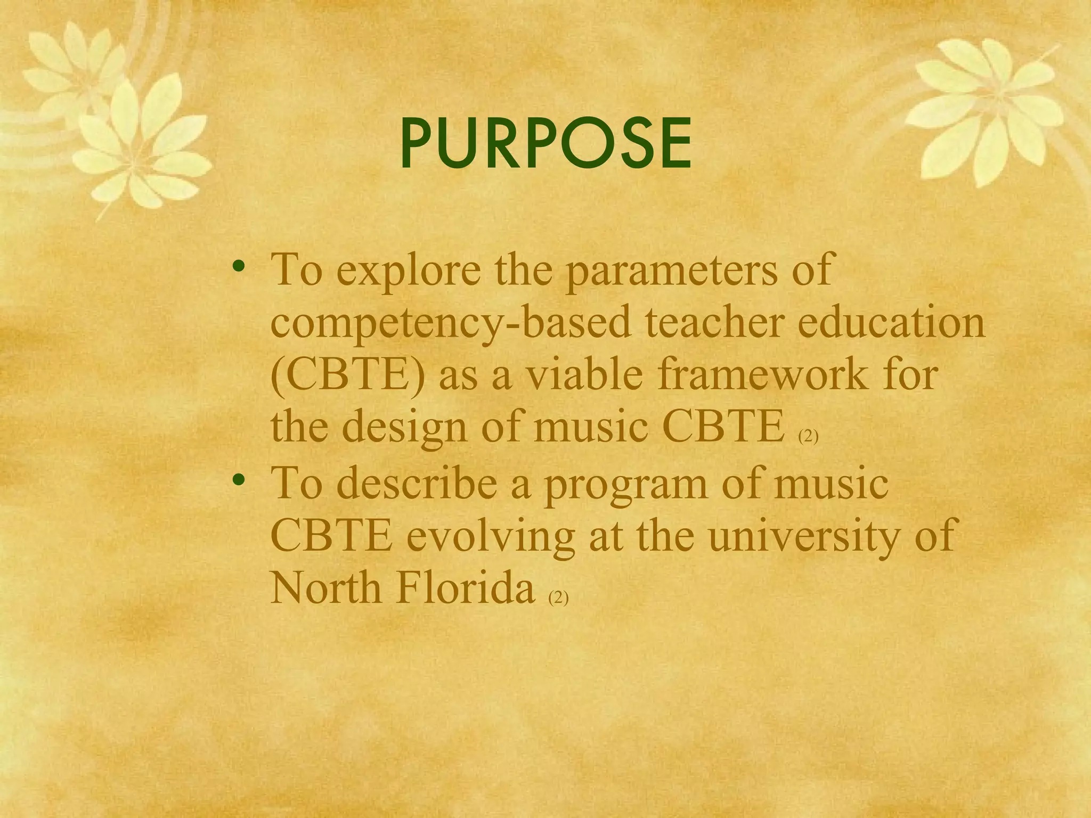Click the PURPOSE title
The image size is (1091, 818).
pyautogui.click(x=546, y=143)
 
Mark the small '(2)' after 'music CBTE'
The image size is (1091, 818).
pyautogui.click(x=808, y=437)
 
